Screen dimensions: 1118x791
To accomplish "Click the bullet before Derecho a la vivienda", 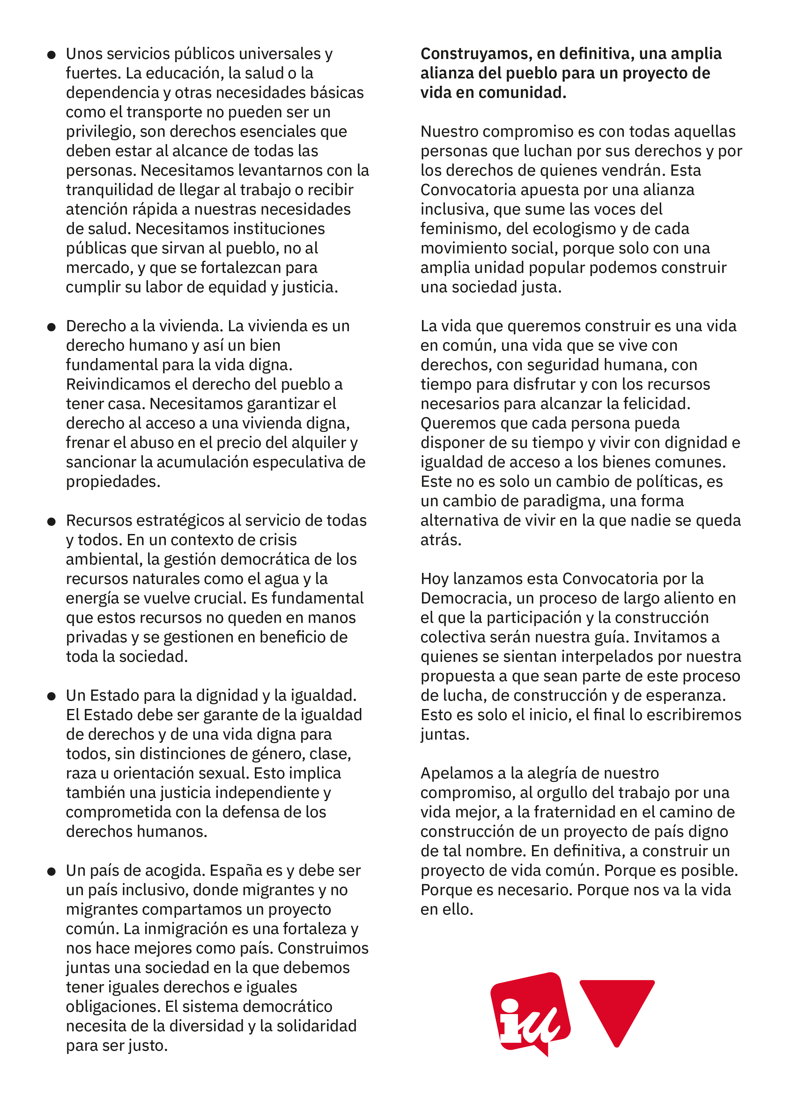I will tap(51, 327).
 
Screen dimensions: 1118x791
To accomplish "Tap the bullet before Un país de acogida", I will tap(51, 872).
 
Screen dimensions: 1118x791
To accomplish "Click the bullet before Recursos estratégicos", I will tap(51, 522).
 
